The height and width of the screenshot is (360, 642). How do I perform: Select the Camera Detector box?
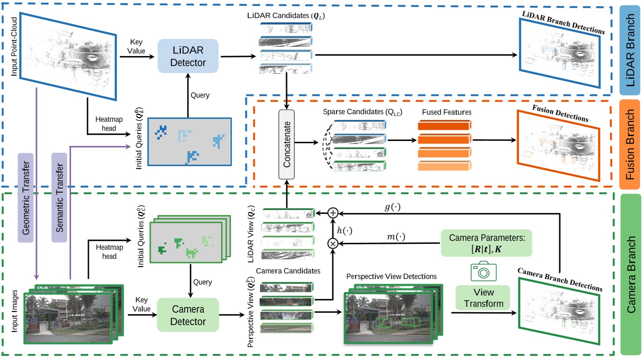188,315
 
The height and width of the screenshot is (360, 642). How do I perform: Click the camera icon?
483,271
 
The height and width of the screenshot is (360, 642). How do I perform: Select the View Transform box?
483,298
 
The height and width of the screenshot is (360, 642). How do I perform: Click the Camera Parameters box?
486,243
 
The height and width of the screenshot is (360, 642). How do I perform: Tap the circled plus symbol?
334,213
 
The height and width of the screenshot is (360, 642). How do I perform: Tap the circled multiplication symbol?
334,243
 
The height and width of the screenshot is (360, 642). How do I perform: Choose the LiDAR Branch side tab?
630,50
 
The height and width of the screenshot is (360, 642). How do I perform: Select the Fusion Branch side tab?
630,139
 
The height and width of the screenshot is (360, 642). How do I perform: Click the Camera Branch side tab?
630,274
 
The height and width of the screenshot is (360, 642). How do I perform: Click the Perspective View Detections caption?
391,277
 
